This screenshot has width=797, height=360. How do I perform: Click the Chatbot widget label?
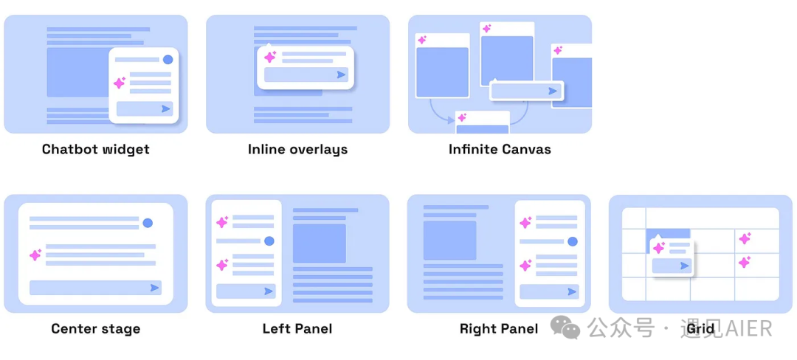(x=95, y=149)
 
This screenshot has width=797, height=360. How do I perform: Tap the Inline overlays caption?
(x=298, y=150)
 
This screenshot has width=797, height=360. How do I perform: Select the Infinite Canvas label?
(x=500, y=149)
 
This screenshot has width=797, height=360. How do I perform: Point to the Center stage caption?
(x=95, y=329)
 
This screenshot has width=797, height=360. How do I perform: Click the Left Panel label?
(x=297, y=328)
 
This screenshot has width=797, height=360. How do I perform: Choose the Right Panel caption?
(x=499, y=328)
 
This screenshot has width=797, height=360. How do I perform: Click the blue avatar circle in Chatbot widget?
(x=168, y=60)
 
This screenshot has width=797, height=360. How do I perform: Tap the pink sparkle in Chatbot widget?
(x=120, y=83)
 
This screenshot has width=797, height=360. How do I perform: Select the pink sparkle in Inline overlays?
(x=270, y=56)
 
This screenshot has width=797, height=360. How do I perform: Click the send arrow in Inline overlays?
(x=341, y=75)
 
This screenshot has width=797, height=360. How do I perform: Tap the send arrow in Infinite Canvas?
(x=553, y=91)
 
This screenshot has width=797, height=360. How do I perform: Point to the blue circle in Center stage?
(x=148, y=223)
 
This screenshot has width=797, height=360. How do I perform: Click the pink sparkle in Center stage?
(x=35, y=255)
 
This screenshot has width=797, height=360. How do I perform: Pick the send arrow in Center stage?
(x=154, y=288)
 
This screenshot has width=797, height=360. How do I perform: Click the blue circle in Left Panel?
(x=269, y=241)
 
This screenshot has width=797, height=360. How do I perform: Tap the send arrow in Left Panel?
(x=269, y=291)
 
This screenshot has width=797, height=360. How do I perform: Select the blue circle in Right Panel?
(x=573, y=241)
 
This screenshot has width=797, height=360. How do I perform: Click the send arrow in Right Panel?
(x=572, y=292)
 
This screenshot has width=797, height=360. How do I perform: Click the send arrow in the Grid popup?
(x=685, y=266)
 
